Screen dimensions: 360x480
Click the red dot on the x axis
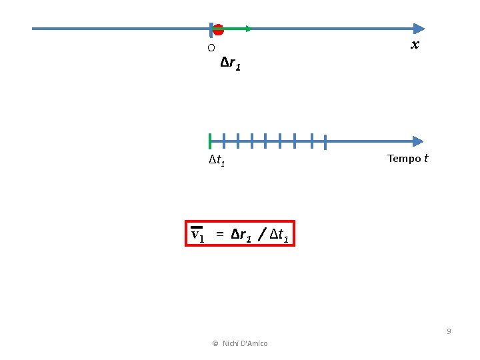click(218, 29)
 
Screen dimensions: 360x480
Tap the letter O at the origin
click(211, 48)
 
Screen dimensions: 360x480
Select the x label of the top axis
click(415, 45)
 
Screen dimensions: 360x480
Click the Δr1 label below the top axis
click(231, 64)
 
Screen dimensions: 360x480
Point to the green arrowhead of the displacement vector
click(247, 29)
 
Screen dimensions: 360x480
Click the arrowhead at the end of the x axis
click(418, 29)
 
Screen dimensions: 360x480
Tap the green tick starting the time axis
click(209, 141)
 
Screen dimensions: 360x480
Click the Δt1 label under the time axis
click(217, 160)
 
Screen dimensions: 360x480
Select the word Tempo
click(404, 159)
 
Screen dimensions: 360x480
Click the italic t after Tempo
click(426, 159)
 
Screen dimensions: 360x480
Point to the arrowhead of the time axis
click(418, 141)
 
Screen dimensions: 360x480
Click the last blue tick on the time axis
click(325, 141)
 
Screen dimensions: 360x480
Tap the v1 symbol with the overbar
click(197, 234)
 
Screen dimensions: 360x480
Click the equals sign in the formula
click(219, 235)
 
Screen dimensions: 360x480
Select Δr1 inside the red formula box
click(241, 235)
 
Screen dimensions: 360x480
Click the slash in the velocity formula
click(263, 235)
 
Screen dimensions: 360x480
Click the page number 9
click(449, 331)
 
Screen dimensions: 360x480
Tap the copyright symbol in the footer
click(215, 343)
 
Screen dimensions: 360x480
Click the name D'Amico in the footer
click(253, 343)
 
